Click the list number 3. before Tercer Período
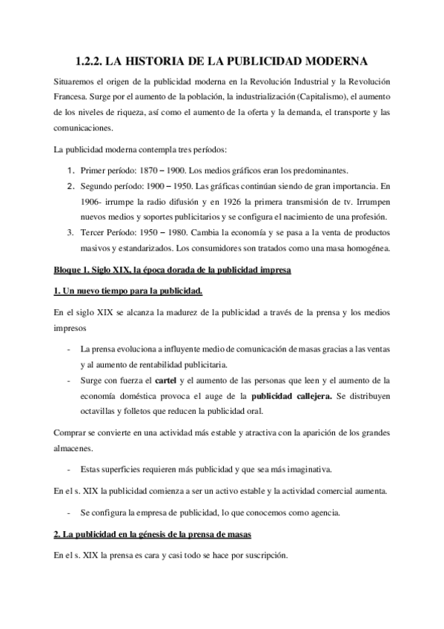pyautogui.click(x=72, y=232)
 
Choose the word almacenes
pyautogui.click(x=77, y=448)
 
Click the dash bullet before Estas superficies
pyautogui.click(x=68, y=470)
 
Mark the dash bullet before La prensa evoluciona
pyautogui.click(x=68, y=348)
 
